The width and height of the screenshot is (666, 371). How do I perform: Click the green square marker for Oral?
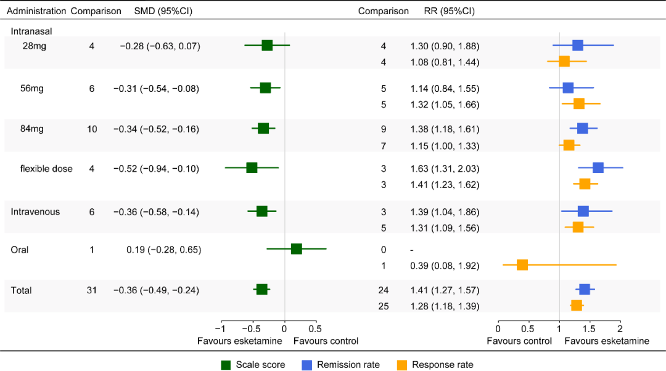[296, 249]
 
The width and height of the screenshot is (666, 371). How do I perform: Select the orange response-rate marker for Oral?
[522, 265]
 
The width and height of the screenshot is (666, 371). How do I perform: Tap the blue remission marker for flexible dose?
[598, 168]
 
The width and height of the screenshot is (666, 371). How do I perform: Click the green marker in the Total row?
[261, 290]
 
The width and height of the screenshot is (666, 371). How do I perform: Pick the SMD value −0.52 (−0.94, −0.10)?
[156, 168]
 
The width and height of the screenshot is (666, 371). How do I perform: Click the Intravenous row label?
[35, 212]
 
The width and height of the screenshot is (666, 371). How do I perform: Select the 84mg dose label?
[32, 128]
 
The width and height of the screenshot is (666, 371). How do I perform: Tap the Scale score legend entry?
[253, 365]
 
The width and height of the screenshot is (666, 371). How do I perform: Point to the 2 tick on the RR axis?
[620, 328]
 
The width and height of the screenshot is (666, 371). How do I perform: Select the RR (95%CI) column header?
[450, 11]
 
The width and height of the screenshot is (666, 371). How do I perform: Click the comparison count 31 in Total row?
[92, 290]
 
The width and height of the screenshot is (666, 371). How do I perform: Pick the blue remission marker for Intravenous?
[583, 211]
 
